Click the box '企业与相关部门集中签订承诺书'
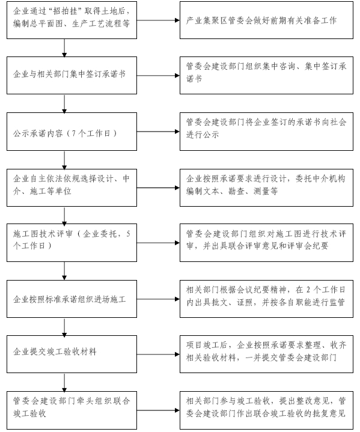[72, 75]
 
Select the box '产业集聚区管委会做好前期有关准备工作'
[266, 20]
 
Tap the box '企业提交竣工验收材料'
[72, 354]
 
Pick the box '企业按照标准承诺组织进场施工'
[72, 299]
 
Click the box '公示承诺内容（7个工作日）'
[72, 132]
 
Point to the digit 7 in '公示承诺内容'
[73, 133]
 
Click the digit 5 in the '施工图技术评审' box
[128, 234]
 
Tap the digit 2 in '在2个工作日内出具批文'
[308, 290]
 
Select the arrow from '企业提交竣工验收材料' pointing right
[158, 354]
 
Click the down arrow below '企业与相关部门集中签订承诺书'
[64, 103]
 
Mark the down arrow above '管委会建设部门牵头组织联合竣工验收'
[64, 382]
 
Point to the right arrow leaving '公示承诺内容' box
[158, 132]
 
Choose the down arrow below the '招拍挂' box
[64, 48]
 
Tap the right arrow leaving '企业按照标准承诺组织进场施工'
[158, 299]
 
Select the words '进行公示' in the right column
[203, 135]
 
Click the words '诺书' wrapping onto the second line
[194, 79]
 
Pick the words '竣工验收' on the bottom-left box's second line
[29, 413]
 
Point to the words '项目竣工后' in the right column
[206, 345]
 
